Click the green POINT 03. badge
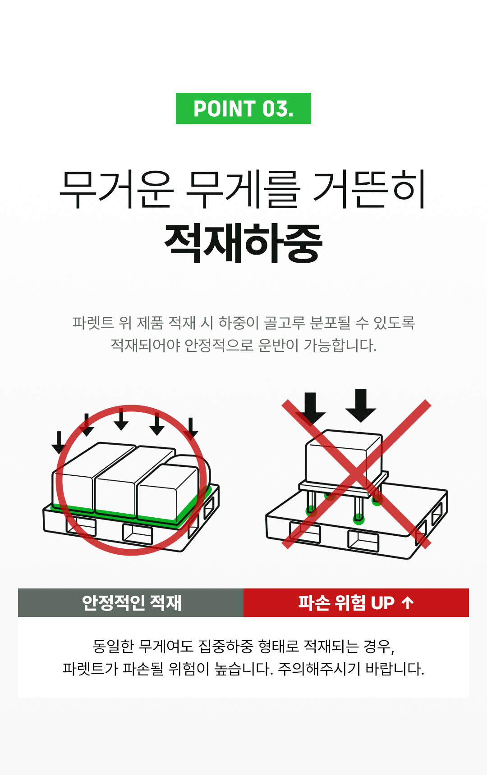[243, 109]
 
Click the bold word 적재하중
[243, 243]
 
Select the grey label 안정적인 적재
[131, 602]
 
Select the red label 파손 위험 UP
[346, 602]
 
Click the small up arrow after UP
[408, 602]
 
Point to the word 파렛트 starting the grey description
[93, 323]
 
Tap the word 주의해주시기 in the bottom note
[319, 669]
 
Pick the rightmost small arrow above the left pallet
[191, 428]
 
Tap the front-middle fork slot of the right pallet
[363, 541]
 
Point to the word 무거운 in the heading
[116, 189]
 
